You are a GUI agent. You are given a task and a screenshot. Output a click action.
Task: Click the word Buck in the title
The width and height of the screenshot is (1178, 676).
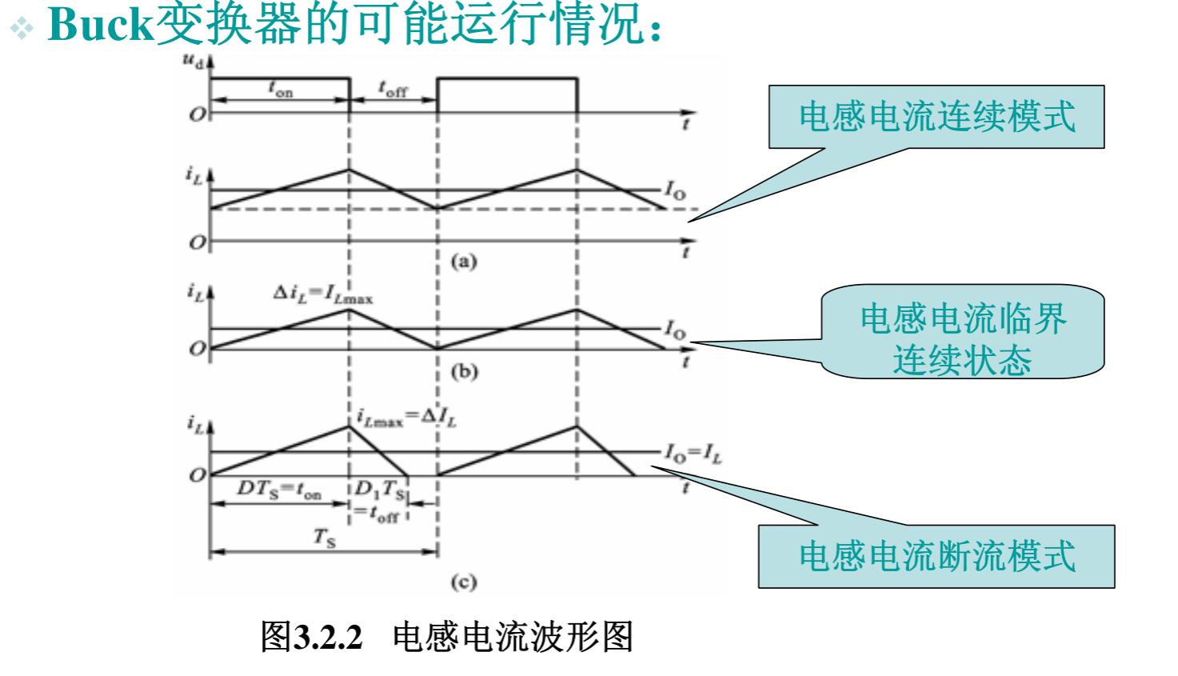click(99, 24)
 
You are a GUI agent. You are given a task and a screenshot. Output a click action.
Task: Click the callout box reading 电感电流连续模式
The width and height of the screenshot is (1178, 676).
click(936, 117)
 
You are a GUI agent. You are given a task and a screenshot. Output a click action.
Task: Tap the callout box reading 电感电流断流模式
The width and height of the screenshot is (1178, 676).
click(936, 557)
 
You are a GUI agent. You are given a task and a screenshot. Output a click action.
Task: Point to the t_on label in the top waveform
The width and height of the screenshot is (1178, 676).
click(281, 89)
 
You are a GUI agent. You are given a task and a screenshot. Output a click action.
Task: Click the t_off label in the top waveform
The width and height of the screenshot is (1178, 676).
click(393, 89)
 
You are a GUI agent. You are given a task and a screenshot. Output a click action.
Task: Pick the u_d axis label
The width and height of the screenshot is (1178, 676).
click(193, 61)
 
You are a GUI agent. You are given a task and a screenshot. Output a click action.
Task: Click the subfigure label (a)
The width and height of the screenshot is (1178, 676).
click(464, 261)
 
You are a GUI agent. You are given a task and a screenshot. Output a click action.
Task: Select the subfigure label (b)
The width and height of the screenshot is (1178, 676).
click(464, 371)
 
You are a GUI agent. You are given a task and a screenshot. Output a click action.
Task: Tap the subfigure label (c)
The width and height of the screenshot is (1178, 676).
click(464, 582)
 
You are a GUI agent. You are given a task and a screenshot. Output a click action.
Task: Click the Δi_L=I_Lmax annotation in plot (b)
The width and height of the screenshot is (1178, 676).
click(323, 294)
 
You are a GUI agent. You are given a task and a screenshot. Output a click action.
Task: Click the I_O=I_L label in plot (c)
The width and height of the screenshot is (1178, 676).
click(693, 454)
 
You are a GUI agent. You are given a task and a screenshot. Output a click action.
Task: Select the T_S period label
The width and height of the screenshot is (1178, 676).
click(324, 537)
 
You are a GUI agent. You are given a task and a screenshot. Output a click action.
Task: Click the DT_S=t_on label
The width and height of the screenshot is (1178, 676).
click(278, 490)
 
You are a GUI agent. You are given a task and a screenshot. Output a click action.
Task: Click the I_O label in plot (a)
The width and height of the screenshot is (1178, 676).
click(675, 190)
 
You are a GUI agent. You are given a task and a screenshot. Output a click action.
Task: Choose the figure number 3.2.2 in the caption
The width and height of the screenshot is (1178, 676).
click(328, 638)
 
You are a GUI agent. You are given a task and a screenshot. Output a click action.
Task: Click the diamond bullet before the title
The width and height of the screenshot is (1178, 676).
click(22, 29)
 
